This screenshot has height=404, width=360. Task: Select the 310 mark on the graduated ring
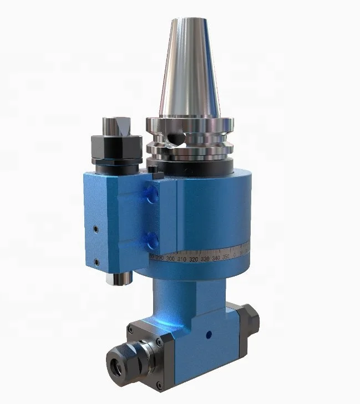tap(181, 259)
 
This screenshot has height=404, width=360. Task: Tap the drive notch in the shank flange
tap(176, 137)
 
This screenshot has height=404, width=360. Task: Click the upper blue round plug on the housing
tap(150, 195)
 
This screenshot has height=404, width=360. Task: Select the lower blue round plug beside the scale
tap(150, 239)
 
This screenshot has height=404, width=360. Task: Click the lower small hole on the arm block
tap(96, 261)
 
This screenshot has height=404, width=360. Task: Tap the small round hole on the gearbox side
tap(209, 335)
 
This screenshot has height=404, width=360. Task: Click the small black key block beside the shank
tap(155, 172)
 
